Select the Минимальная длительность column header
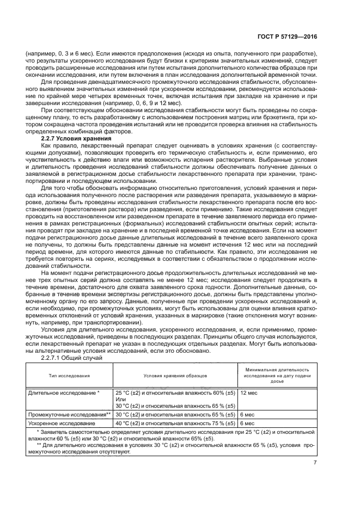click(x=277, y=376)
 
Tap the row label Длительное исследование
click(x=64, y=392)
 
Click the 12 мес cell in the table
click(x=249, y=392)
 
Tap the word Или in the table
click(x=120, y=399)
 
